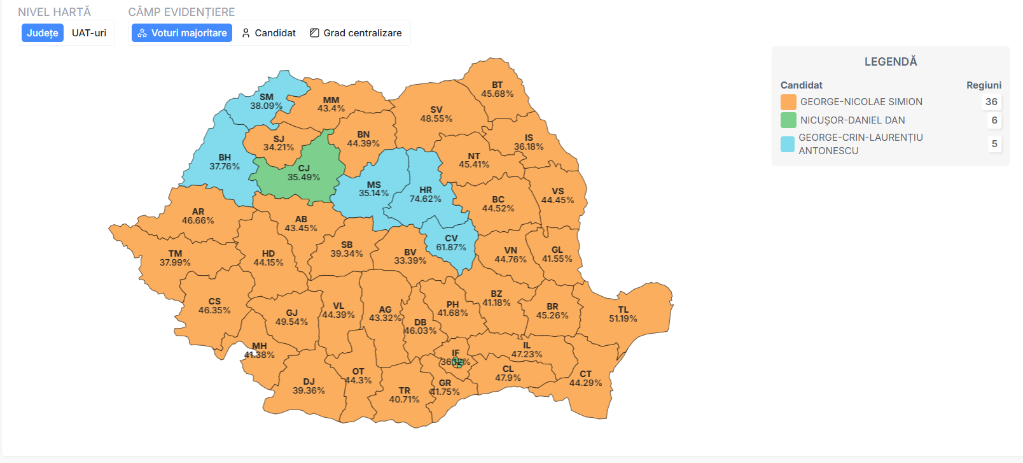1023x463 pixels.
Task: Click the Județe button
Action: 43,33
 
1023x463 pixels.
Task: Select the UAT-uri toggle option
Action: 89,33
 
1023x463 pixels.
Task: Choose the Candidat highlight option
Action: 268,33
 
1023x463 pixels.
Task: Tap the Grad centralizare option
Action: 356,33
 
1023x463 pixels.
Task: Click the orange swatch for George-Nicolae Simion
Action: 788,102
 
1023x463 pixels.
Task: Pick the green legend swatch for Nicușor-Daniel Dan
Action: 788,120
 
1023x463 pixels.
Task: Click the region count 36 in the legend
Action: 991,102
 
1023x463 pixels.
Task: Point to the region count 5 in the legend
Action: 994,144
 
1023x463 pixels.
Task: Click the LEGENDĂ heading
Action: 890,62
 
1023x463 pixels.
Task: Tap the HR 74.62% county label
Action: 426,195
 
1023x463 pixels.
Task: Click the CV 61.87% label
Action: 451,243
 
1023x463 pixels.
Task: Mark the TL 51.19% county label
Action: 623,314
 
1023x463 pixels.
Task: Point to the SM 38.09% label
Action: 266,102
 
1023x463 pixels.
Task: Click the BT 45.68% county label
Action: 497,89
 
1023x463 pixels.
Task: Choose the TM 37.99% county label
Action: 175,258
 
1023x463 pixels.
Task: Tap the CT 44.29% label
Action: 585,378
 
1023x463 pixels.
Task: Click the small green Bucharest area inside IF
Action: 457,362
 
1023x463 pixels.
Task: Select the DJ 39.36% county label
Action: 309,386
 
